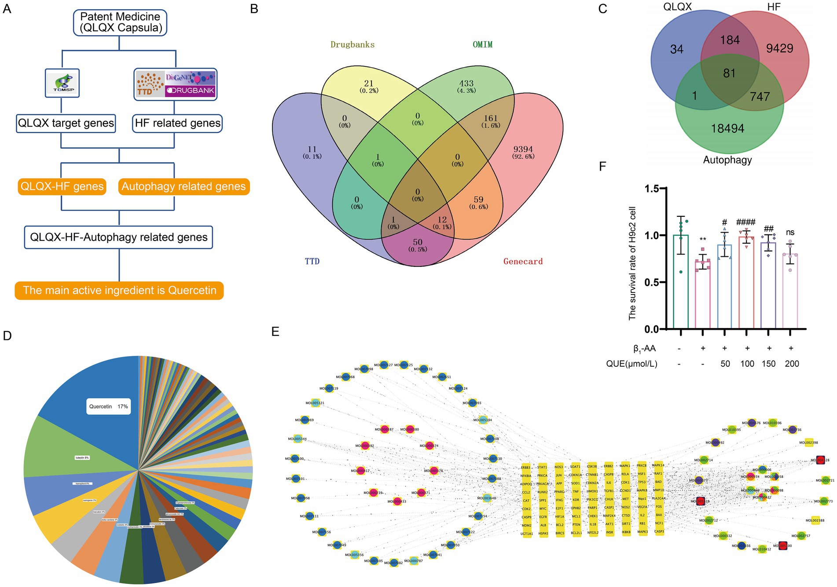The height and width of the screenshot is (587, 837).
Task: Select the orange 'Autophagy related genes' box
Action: coord(184,186)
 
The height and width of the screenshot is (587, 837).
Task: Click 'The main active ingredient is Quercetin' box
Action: coord(119,291)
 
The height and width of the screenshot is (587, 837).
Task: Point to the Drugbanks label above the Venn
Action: coord(352,44)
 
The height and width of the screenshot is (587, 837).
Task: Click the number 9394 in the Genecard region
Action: coord(523,149)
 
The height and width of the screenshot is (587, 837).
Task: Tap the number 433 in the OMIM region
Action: coord(466,83)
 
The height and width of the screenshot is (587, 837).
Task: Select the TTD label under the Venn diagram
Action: coord(312,261)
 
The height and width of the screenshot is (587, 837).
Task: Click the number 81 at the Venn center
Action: coord(729,73)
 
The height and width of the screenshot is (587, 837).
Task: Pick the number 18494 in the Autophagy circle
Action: coord(727,128)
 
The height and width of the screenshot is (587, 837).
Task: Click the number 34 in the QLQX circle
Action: coord(677,49)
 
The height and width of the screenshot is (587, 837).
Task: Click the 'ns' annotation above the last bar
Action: coord(790,233)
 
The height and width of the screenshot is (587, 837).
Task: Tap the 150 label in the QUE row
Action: coord(768,364)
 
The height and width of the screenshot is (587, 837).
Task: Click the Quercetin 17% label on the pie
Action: coord(108,407)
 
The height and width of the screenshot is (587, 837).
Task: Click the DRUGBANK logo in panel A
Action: coord(190,91)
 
